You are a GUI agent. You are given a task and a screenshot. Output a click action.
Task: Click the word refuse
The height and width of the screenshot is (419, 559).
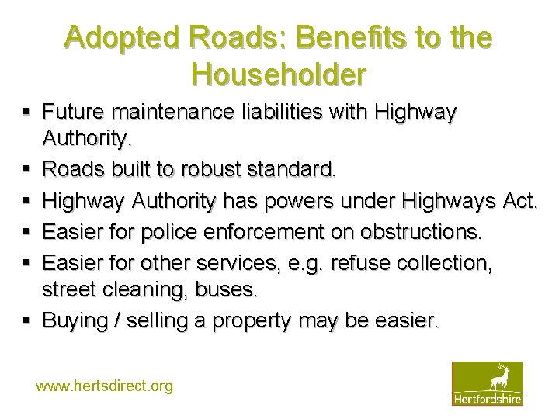366,263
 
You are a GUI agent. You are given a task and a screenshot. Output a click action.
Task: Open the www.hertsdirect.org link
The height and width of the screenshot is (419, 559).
104,386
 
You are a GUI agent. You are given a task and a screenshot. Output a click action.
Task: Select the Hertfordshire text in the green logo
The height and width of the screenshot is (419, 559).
487,399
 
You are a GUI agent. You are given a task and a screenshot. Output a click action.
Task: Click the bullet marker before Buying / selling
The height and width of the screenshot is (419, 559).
27,320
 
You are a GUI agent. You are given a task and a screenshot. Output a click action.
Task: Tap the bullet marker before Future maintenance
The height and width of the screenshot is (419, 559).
27,113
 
